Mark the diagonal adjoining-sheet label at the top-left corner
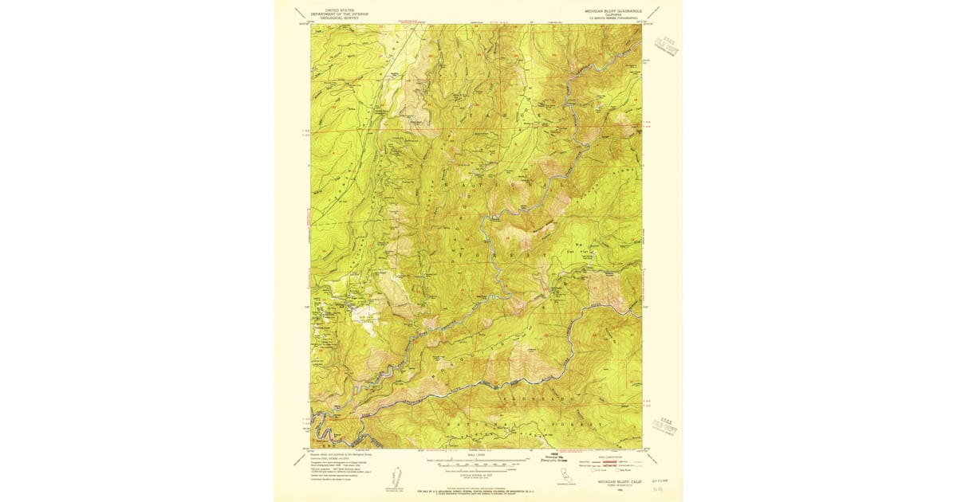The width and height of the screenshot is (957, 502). (300, 12)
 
